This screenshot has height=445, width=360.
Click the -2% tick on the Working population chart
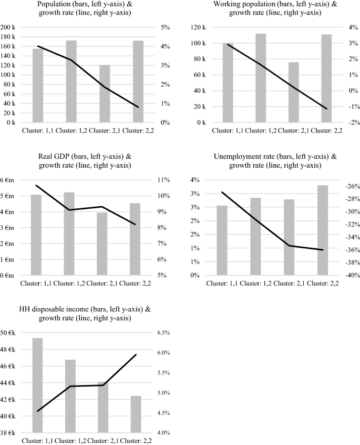tap(351, 123)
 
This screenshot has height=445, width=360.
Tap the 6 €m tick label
tap(9, 180)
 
